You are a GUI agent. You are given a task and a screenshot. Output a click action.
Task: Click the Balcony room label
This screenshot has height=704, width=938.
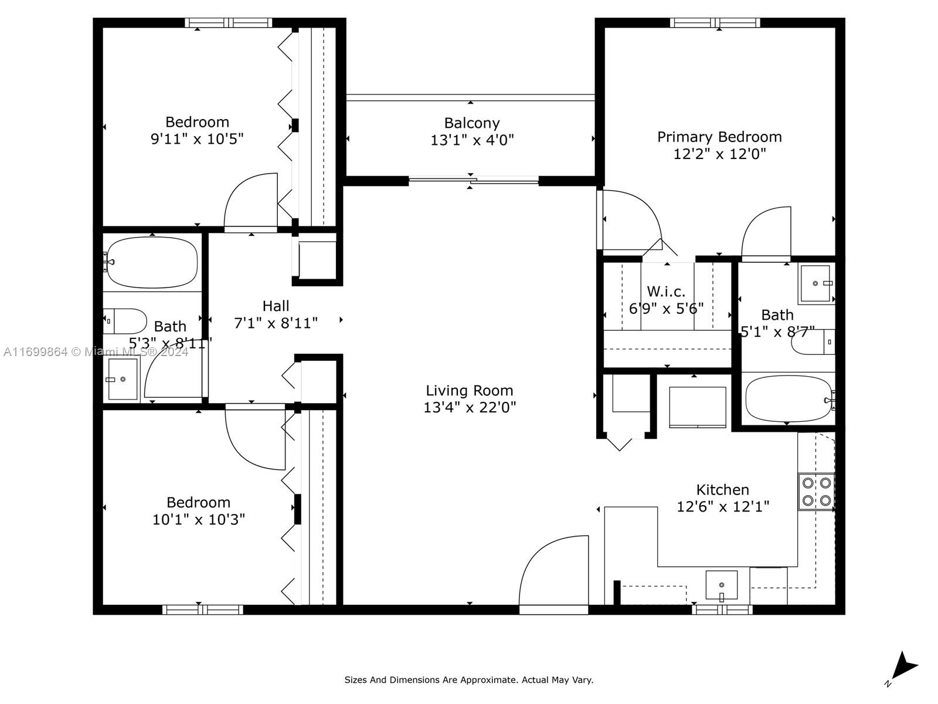coord(471,123)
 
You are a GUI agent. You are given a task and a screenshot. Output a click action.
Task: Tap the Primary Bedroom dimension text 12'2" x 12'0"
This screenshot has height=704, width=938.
coord(719,154)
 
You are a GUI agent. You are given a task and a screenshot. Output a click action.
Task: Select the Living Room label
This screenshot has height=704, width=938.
coord(469,390)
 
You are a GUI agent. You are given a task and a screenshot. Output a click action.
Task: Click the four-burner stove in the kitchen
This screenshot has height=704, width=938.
coord(817,492)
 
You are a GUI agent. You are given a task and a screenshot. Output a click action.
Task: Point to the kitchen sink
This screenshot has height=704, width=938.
coord(721,585)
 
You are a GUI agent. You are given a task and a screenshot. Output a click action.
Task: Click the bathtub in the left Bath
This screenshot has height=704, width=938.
coord(152,262)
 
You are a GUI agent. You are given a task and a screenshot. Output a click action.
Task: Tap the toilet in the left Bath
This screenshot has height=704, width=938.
coord(125,321)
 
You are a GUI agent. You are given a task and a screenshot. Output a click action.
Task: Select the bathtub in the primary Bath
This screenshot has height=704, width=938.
coord(787,399)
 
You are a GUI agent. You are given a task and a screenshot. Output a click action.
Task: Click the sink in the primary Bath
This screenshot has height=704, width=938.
coord(815,283)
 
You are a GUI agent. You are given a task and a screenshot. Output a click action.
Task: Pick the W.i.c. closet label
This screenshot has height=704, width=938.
coord(666,292)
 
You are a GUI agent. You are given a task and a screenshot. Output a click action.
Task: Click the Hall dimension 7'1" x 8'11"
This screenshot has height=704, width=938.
coord(276,323)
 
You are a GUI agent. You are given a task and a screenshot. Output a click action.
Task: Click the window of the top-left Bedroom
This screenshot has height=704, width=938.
coord(229,23)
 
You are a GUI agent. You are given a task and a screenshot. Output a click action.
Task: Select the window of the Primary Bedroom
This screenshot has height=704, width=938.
coord(715,23)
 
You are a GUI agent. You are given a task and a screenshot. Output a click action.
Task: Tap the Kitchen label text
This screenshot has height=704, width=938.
coord(722,489)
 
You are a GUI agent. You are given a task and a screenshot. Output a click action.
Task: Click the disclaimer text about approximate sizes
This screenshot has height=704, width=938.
coord(468,680)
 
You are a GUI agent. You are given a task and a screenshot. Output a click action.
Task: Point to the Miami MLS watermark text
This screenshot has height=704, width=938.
coord(96,351)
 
